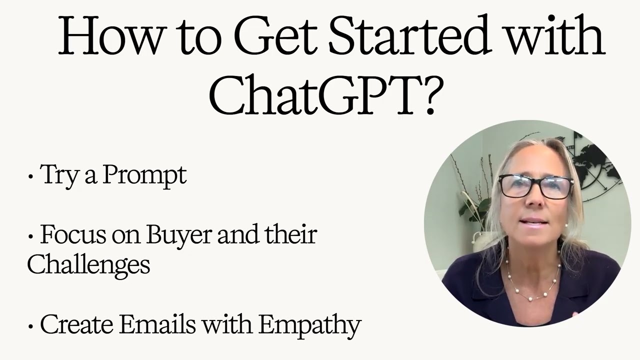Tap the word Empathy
point(310,325)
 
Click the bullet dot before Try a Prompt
point(31,177)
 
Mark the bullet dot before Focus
point(31,236)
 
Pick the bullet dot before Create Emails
point(31,326)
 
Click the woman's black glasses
point(535,186)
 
